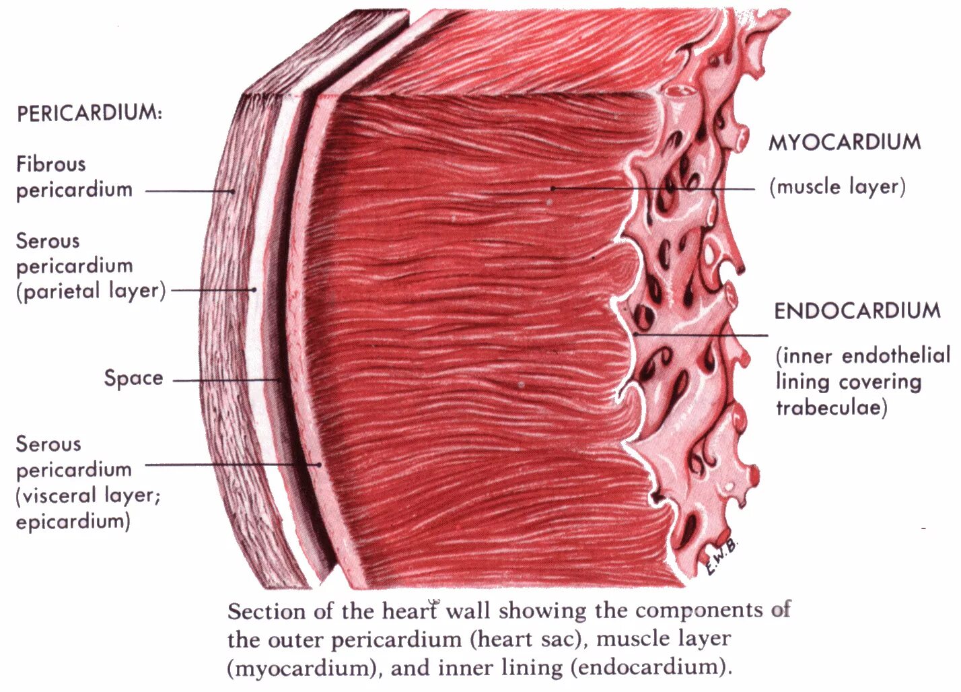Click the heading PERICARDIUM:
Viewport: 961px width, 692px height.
pos(90,112)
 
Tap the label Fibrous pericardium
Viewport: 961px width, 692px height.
pos(74,176)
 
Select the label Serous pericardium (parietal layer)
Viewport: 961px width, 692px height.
pos(90,266)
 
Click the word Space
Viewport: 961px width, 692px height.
pos(133,378)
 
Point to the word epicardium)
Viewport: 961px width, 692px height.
pos(73,521)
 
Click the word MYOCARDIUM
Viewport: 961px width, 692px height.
pos(845,142)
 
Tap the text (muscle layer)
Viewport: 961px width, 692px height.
pos(837,186)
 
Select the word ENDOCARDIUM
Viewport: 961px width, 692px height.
pos(857,311)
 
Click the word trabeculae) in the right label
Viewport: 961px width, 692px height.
pos(832,407)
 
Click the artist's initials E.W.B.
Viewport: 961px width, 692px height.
pos(721,558)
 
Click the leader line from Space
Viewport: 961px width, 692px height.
pos(226,380)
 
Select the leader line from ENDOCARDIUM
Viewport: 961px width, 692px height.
pos(700,335)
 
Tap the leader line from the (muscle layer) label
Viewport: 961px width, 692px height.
pos(653,188)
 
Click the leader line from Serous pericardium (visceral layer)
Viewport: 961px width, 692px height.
pos(232,464)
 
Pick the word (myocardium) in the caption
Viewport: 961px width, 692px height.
pos(306,668)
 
